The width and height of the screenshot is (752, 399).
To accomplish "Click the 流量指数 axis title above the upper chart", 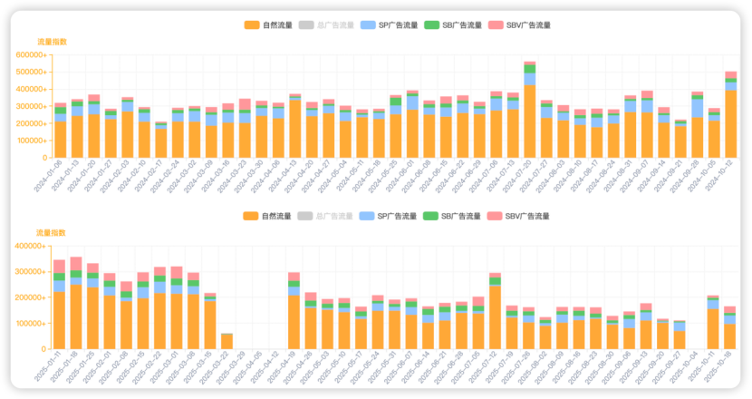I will coord(51,42).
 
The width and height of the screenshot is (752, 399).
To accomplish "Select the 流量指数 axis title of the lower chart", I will coord(51,233).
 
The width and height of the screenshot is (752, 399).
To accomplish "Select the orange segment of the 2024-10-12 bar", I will coord(730,123).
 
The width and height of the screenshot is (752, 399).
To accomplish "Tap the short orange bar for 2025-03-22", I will coord(227,342).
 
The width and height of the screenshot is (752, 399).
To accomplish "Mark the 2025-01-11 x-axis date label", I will coord(46,368).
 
